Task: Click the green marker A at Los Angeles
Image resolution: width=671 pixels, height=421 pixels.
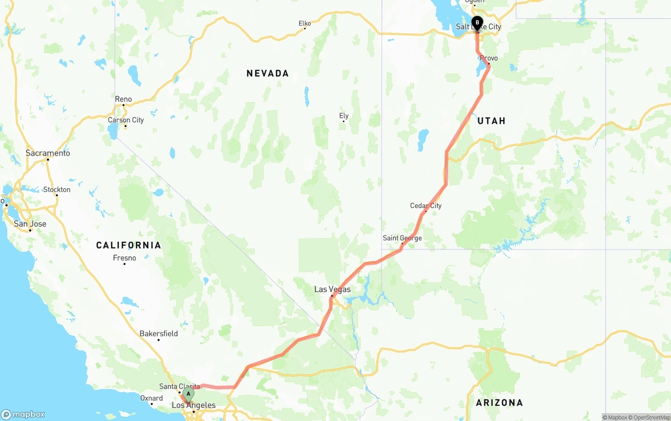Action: point(188,394)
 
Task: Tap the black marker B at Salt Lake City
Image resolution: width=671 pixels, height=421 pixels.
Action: point(477,23)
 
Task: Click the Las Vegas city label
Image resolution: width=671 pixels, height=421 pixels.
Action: point(332,289)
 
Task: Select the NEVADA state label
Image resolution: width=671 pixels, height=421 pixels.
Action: point(267,73)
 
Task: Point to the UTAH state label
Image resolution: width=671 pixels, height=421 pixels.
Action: point(491,121)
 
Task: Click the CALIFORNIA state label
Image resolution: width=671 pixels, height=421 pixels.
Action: point(128,245)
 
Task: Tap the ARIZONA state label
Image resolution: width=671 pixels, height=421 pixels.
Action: point(499,403)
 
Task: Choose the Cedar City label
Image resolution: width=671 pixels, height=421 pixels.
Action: point(426,206)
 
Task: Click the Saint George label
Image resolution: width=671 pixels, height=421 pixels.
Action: point(402,238)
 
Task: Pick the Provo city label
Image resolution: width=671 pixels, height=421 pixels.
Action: point(489,58)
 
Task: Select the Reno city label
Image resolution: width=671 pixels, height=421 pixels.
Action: point(123,99)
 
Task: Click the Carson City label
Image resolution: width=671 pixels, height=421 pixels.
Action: point(126,120)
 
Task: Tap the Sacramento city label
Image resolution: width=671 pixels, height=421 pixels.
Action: point(48,153)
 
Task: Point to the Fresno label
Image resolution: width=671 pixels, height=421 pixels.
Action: point(124,258)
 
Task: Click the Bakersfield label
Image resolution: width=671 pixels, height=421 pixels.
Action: point(158,333)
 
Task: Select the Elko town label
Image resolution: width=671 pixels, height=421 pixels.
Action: point(305,24)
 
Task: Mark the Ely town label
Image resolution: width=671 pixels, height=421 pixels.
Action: point(344,116)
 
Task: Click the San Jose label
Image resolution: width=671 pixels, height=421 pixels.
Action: point(30,224)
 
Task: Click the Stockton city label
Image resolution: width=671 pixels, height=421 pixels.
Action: point(57,189)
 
